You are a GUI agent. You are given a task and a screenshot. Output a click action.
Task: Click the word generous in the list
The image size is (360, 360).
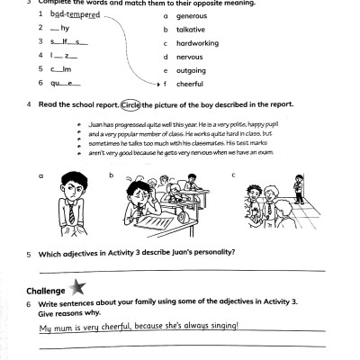pyautogui.click(x=192, y=16)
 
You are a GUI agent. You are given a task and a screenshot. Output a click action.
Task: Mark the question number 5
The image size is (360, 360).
pyautogui.click(x=31, y=252)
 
